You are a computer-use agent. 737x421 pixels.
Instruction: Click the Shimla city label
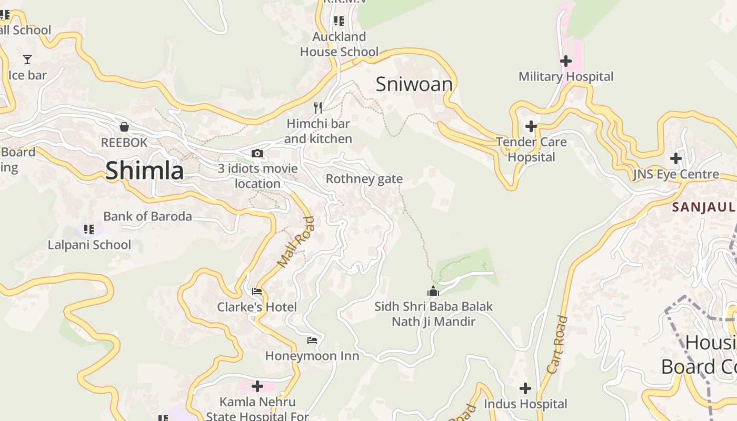point(145,171)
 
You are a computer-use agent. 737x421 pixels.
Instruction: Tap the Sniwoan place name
point(414,84)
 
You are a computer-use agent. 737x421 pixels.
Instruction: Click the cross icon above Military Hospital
point(566,61)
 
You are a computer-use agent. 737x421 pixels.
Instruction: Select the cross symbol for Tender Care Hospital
point(531,126)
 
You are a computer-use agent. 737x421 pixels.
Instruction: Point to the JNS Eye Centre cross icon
point(676,158)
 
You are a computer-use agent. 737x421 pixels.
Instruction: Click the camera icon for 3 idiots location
point(257,154)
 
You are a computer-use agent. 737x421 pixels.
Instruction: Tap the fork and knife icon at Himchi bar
point(318,108)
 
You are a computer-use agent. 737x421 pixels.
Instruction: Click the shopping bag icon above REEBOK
point(124,127)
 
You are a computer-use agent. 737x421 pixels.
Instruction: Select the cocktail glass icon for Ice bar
point(27,59)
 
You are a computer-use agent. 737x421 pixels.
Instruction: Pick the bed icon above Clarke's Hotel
point(257,292)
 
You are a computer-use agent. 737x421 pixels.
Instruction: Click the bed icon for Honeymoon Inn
point(312,340)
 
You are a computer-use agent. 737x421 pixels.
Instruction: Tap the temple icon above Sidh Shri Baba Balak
point(433,291)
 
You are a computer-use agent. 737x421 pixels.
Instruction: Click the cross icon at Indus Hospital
point(525,388)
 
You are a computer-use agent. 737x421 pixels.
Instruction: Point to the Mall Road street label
point(296,242)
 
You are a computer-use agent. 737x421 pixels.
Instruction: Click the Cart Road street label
point(557,344)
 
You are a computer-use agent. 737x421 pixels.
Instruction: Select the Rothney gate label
point(364,179)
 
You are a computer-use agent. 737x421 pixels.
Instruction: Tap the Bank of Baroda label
point(147,216)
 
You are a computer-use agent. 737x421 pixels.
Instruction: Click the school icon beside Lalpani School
point(89,229)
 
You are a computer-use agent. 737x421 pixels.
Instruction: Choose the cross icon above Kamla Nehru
point(257,387)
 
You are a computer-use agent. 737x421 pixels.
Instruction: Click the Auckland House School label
point(339,44)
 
